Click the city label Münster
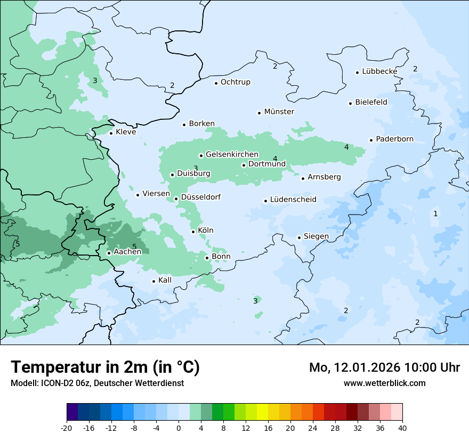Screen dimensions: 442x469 pos(279,112)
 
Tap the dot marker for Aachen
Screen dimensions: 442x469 pos(109,253)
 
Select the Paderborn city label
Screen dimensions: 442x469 pos(394,140)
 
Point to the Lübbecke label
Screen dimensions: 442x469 pos(379,71)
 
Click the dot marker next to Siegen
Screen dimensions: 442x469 pos(300,238)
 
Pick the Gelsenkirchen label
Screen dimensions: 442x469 pos(232,155)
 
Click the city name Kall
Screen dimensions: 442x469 pos(165,280)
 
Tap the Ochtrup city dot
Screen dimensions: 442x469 pos(216,83)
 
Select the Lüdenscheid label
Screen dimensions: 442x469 pos(293,200)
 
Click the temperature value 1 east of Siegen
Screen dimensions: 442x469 pos(435,214)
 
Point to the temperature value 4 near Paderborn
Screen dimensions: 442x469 pos(346,147)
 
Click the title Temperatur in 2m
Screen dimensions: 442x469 pos(105,367)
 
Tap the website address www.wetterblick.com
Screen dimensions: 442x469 pos(384,383)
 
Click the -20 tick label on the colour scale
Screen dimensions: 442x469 pos(67,428)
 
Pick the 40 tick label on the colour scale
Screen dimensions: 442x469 pos(402,428)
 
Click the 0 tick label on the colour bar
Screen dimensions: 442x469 pos(179,428)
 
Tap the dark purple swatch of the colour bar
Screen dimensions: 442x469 pos(72,412)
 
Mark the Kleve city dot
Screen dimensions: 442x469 pos(111,133)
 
